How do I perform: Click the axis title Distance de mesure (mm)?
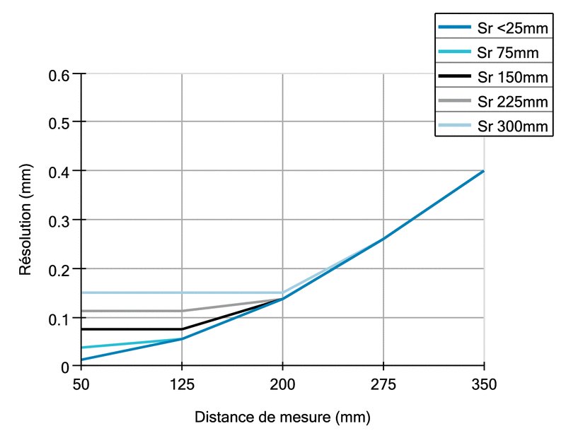point(282,417)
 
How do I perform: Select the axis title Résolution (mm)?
point(25,220)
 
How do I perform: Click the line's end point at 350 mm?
point(483,171)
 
